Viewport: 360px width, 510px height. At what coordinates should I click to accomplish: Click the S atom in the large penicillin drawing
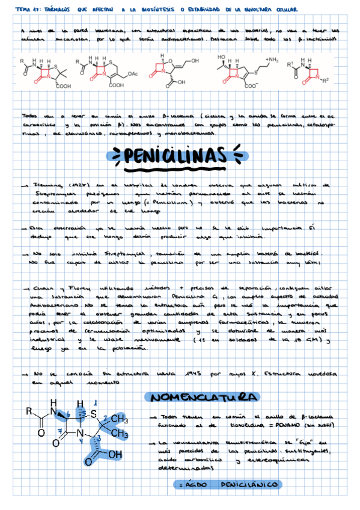94,414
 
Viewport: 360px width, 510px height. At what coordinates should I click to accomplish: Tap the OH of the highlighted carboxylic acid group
114,454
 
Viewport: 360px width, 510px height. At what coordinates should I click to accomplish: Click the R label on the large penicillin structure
29,411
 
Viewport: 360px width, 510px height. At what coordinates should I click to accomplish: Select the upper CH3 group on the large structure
121,419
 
